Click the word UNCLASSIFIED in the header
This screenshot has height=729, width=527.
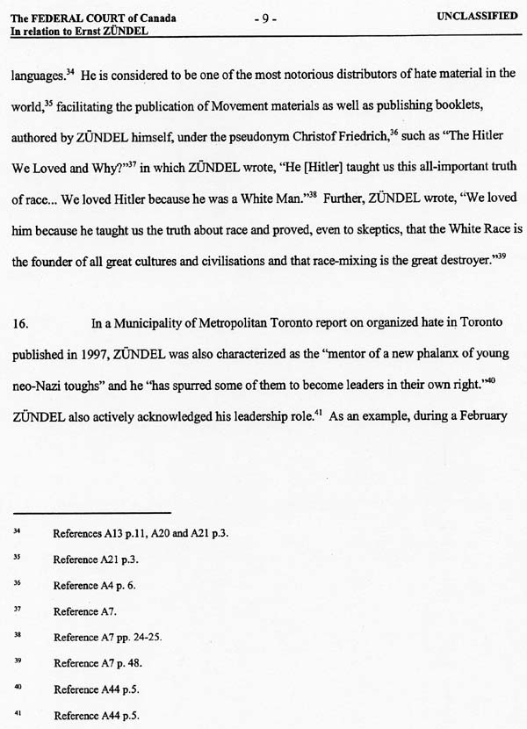475,18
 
